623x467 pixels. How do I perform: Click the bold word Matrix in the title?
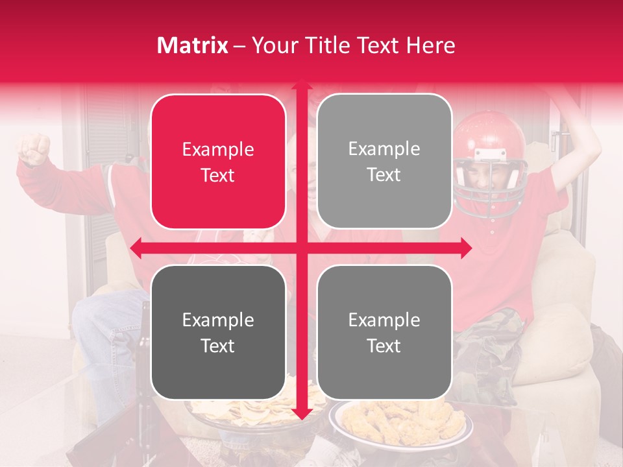pyautogui.click(x=193, y=45)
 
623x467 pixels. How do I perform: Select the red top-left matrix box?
pyautogui.click(x=218, y=162)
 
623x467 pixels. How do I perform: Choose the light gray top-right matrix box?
pyautogui.click(x=384, y=162)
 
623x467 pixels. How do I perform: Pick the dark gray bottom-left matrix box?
pyautogui.click(x=218, y=332)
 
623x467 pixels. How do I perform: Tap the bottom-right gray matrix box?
pyautogui.click(x=384, y=332)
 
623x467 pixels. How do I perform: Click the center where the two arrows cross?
pyautogui.click(x=301, y=248)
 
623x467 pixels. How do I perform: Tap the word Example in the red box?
pyautogui.click(x=218, y=150)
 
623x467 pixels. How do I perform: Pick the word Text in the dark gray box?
pyautogui.click(x=218, y=346)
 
